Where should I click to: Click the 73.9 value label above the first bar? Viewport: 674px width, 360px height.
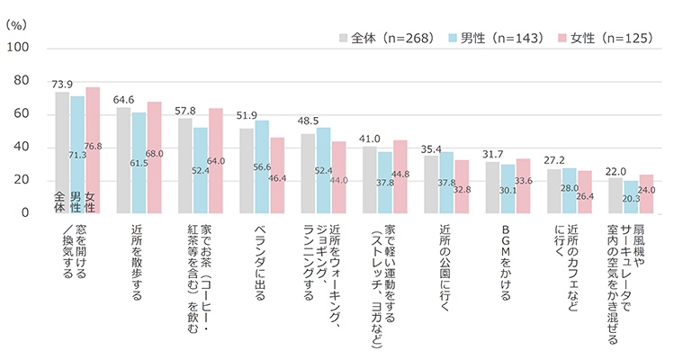pos(62,83)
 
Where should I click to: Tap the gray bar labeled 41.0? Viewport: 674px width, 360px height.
pos(370,179)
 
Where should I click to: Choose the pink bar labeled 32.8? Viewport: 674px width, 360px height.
pos(461,186)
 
